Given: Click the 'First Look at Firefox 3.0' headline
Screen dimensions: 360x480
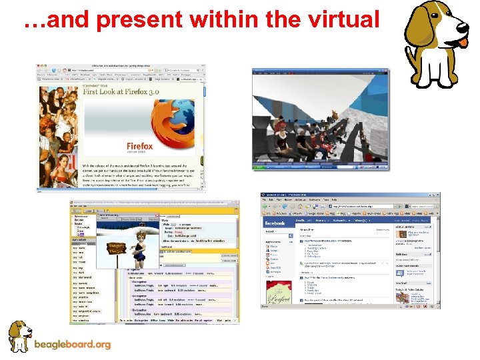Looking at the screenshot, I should click(121, 93).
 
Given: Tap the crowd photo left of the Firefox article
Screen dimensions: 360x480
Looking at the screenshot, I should click(58, 133).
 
